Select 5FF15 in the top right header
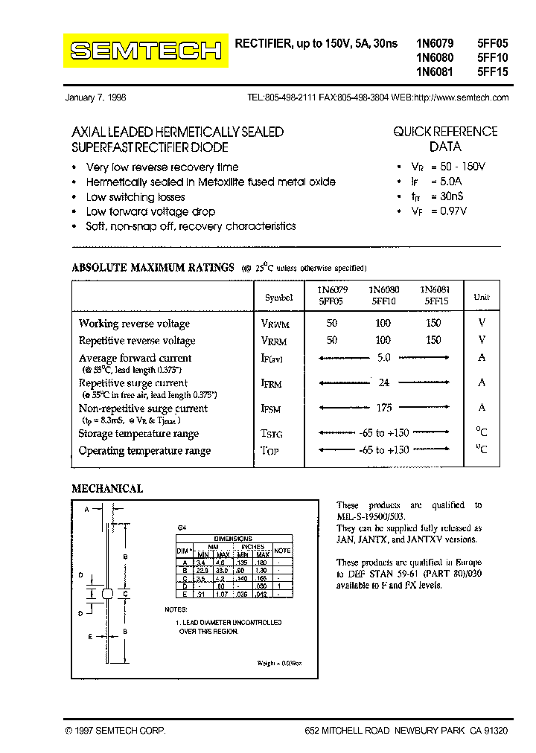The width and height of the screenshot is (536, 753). [x=491, y=72]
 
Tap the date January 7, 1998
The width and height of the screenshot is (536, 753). [x=96, y=97]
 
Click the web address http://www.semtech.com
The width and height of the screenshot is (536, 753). [x=461, y=97]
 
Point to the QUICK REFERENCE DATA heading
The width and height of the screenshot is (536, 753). [x=445, y=139]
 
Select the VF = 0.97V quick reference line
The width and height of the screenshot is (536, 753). [x=439, y=211]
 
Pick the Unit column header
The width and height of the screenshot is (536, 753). [x=482, y=297]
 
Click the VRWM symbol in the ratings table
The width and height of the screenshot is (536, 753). [x=275, y=324]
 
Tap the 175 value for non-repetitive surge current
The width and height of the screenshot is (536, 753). [x=383, y=408]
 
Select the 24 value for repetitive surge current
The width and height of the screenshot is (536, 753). [x=384, y=382]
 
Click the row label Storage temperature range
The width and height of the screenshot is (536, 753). [x=138, y=434]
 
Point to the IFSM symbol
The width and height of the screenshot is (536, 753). [x=271, y=408]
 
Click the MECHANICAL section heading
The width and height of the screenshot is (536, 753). [x=106, y=489]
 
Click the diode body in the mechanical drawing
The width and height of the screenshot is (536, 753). [x=107, y=594]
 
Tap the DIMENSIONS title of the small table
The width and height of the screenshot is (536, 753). [x=233, y=538]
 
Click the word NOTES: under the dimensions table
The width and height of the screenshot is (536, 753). [x=176, y=609]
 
